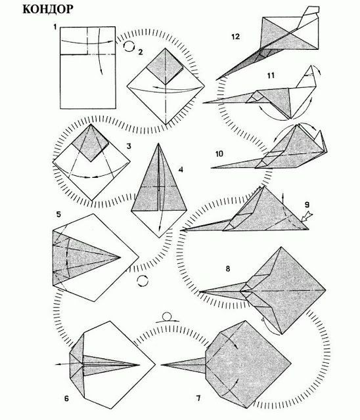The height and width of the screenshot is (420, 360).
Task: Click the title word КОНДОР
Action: (48, 9)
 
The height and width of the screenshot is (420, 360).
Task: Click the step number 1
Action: (55, 27)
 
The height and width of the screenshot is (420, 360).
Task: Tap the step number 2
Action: (141, 52)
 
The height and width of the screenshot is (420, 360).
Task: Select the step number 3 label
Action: (129, 146)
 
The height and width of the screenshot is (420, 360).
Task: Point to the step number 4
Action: (181, 169)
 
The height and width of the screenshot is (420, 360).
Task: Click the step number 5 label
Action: (58, 215)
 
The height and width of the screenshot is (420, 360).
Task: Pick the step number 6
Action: (66, 398)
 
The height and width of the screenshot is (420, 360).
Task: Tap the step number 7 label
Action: (198, 398)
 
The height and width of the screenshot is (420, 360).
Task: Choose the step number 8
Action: (228, 268)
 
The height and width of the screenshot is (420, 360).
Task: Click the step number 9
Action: (307, 205)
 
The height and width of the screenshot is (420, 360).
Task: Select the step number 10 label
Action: (219, 154)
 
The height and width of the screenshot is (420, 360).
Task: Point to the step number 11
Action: (271, 75)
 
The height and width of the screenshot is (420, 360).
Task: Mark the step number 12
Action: (235, 37)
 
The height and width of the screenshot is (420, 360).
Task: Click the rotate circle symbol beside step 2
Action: (129, 46)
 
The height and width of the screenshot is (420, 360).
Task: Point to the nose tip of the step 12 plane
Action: (217, 79)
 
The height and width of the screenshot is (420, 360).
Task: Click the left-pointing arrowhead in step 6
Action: (57, 364)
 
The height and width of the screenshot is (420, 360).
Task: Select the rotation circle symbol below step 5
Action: (143, 281)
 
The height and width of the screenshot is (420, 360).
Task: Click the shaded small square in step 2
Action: (166, 66)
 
